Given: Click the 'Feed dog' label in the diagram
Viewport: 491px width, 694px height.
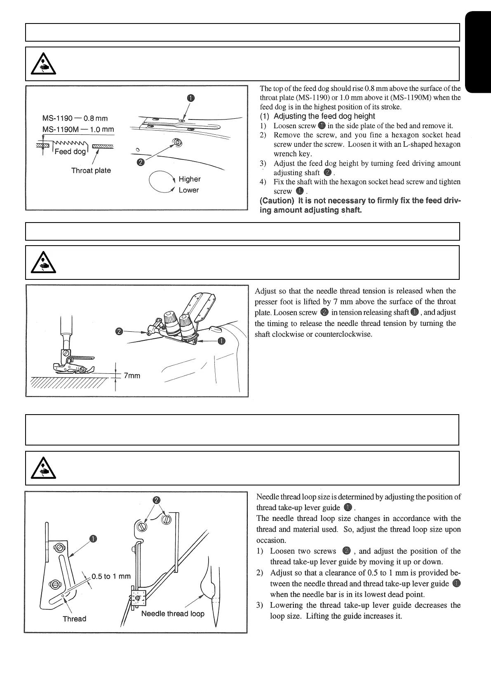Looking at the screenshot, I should coord(70,152).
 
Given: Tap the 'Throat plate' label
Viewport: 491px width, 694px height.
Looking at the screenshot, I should coord(91,171).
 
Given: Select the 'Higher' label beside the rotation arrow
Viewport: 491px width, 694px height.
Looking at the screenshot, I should coord(190,179).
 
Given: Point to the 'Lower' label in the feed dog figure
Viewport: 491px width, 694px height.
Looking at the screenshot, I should coord(189,190).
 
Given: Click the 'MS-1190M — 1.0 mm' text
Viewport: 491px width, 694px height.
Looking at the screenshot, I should coord(78,129).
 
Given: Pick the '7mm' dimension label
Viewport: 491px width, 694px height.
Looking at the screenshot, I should coord(132,376).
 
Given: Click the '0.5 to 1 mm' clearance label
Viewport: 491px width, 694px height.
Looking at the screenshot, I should coord(111,576).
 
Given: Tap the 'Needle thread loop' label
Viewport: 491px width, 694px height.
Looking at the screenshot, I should coord(173,614).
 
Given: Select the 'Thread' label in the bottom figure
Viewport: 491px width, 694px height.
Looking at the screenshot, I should coord(75,619).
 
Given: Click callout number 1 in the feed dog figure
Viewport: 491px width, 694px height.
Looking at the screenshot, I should coord(190,98).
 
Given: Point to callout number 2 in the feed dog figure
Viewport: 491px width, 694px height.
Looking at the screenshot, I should coord(141,162).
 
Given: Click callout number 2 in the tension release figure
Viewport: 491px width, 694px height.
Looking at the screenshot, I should coord(119,332).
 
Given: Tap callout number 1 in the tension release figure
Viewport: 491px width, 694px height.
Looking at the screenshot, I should coord(222,340).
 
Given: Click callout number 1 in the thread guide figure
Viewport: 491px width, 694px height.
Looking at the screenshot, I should coord(94,539).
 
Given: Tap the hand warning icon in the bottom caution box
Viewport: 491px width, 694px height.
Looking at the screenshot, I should coord(45,469).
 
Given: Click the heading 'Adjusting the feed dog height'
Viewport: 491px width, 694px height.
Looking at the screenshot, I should coord(324,116).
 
